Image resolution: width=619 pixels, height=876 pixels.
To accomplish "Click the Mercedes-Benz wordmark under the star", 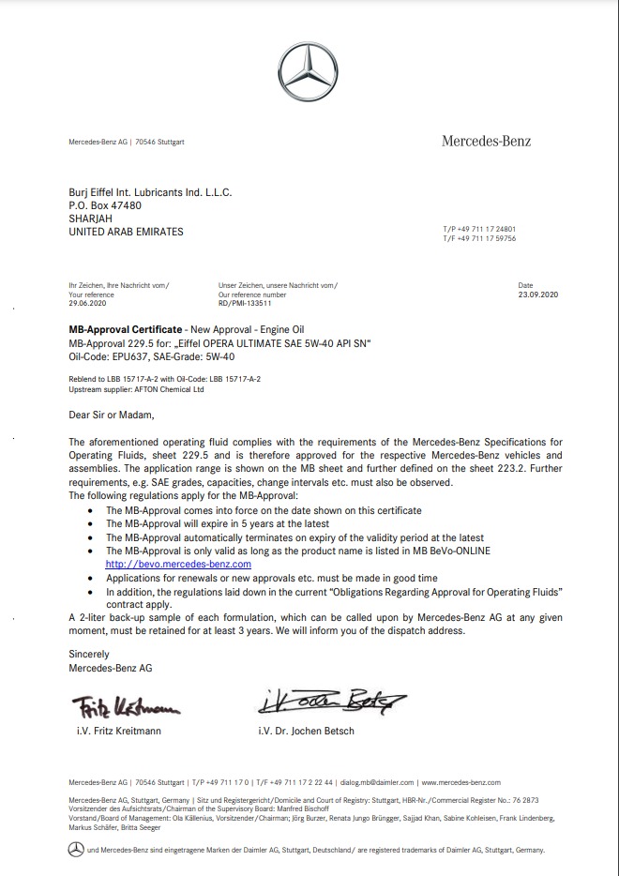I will point(486,142).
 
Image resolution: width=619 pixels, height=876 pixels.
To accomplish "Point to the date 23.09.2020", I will point(537,295).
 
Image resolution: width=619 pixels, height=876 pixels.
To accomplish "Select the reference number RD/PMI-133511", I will point(245,303).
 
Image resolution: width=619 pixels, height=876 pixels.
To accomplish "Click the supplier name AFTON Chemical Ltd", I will point(165,388).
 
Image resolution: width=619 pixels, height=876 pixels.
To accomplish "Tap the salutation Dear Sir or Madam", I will point(111,413).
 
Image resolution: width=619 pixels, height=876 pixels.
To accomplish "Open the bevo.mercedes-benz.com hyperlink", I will point(178,565).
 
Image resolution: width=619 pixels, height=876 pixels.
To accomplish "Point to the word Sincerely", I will point(89,654).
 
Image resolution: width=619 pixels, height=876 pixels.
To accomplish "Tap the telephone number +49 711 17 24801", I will point(484,229).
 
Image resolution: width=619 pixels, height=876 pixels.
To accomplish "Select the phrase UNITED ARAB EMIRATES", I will point(127,232).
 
